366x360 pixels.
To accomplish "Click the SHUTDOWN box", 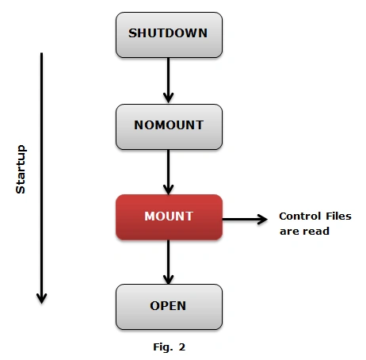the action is (x=169, y=35).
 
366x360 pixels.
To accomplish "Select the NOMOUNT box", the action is (x=169, y=127).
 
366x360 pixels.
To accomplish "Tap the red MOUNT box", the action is (x=169, y=217).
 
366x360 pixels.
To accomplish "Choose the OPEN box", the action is (x=169, y=307).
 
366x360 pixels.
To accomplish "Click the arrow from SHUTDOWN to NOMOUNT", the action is (x=168, y=80).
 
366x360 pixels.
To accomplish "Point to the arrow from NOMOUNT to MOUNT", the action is (x=168, y=172).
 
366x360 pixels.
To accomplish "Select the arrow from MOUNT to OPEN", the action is (x=168, y=262).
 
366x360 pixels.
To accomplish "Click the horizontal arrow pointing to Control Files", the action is (x=245, y=219).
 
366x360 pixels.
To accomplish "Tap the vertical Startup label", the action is (x=21, y=169).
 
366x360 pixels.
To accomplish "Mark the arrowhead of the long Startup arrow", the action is (x=41, y=299).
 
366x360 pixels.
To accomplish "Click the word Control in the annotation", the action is (x=300, y=216).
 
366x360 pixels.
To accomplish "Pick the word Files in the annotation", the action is (x=338, y=216).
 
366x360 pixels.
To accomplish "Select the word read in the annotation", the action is (x=316, y=232).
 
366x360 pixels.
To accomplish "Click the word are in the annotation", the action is (x=289, y=232).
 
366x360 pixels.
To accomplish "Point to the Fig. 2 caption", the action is (x=170, y=347).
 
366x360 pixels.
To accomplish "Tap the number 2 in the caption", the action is (x=182, y=347).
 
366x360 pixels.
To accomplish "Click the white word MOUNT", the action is (x=169, y=216).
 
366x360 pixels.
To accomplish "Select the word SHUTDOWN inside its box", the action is (x=168, y=33).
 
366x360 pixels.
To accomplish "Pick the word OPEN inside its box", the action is (x=168, y=306).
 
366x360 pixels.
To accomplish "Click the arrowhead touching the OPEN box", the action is (x=168, y=280).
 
